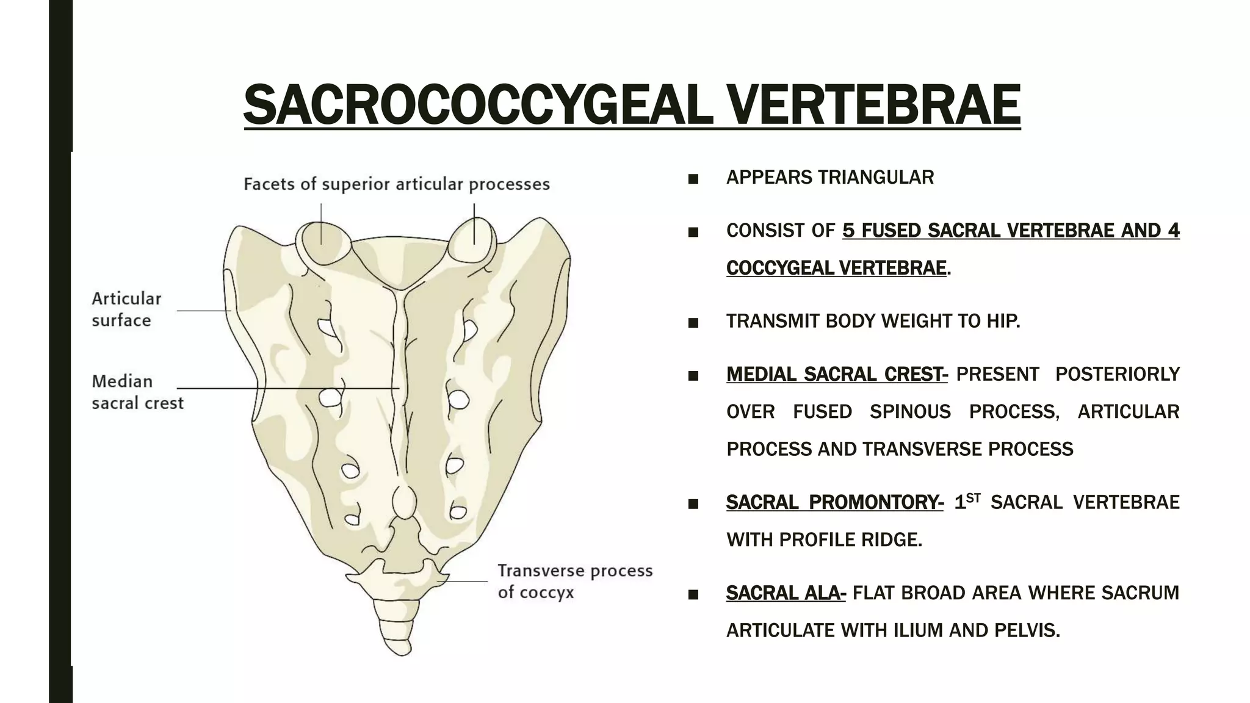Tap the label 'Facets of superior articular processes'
(x=397, y=184)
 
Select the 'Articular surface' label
(x=126, y=309)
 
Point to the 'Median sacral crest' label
(x=137, y=392)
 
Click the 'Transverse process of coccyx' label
(x=574, y=581)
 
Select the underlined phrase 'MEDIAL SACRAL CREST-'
(x=837, y=374)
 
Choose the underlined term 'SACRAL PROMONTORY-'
(x=834, y=502)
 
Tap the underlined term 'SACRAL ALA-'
(x=786, y=593)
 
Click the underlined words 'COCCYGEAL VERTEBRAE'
(x=836, y=268)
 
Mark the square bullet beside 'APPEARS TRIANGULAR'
(x=693, y=179)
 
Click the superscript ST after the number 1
(x=974, y=497)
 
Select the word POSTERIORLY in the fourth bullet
(x=1117, y=374)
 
